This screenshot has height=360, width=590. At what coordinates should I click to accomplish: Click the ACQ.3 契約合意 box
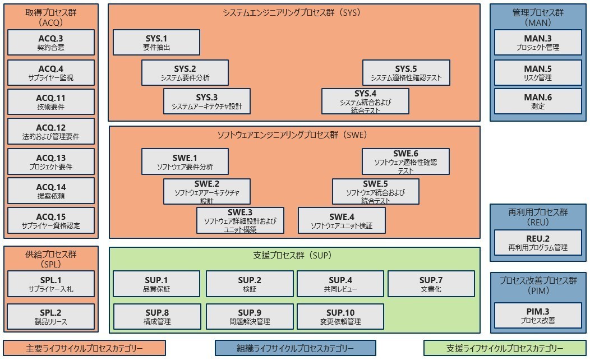[51, 43]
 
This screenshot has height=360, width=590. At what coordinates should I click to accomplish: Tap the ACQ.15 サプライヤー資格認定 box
[51, 221]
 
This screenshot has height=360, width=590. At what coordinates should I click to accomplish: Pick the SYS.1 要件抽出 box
[156, 43]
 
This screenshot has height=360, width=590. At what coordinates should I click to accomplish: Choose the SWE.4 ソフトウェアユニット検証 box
[342, 221]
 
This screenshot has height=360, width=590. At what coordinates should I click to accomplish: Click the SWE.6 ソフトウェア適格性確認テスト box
[405, 161]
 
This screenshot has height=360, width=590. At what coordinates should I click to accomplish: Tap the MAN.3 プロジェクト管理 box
[538, 43]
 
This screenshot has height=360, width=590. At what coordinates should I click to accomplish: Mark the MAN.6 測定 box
[538, 101]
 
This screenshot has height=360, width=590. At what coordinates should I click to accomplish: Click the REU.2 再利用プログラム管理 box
[538, 243]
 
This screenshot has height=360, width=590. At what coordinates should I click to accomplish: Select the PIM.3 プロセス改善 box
[538, 316]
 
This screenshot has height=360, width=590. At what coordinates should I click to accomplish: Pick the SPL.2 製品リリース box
[51, 316]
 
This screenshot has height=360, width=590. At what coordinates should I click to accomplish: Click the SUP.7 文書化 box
[431, 284]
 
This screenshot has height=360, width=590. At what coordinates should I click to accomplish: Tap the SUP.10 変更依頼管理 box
[340, 317]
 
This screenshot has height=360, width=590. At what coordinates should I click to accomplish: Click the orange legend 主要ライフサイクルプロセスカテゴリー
[84, 348]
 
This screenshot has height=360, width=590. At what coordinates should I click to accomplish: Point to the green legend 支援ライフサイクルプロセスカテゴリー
[505, 348]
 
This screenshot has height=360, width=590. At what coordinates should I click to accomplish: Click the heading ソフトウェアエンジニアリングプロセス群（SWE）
[294, 135]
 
